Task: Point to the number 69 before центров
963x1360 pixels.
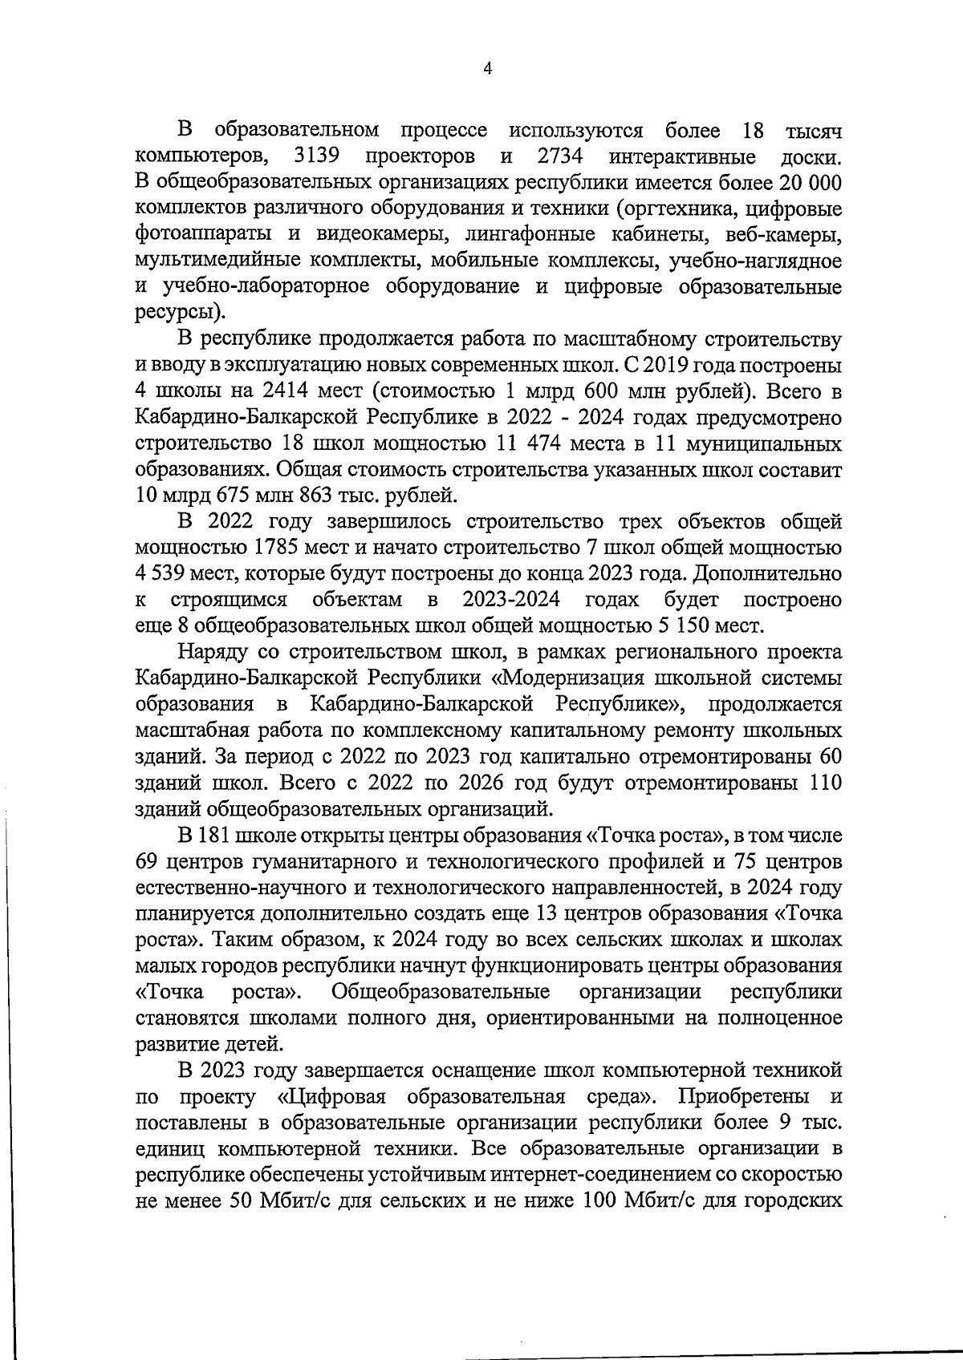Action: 148,862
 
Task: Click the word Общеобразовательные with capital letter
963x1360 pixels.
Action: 441,993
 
